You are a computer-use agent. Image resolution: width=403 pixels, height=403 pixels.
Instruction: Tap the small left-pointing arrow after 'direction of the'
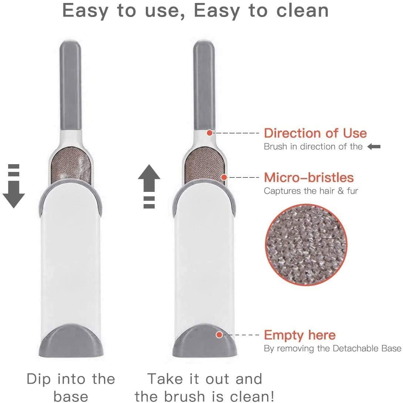(x=374, y=147)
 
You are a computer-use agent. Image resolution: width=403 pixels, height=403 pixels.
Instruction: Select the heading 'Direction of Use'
(x=315, y=133)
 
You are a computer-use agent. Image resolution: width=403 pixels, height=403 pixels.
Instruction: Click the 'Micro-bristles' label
(x=309, y=178)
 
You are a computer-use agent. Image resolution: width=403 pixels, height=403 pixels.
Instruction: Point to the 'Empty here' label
(x=299, y=335)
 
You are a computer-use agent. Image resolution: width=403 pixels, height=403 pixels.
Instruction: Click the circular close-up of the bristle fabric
(x=306, y=245)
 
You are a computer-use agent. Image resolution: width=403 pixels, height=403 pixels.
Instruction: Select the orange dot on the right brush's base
(x=219, y=335)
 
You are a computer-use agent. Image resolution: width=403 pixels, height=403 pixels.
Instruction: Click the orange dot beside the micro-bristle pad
(x=224, y=177)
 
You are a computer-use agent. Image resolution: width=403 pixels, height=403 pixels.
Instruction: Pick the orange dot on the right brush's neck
(x=210, y=132)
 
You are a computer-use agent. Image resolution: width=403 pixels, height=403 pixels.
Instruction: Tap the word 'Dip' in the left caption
(x=39, y=379)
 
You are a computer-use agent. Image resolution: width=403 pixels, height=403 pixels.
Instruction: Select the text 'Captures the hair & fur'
(x=311, y=191)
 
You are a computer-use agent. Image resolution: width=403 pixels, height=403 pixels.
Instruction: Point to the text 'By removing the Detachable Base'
(x=332, y=348)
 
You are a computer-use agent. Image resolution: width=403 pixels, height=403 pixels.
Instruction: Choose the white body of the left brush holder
(x=70, y=259)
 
